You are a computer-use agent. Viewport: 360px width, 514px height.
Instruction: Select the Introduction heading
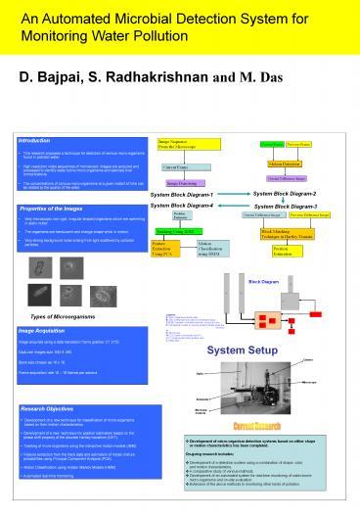(39, 140)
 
